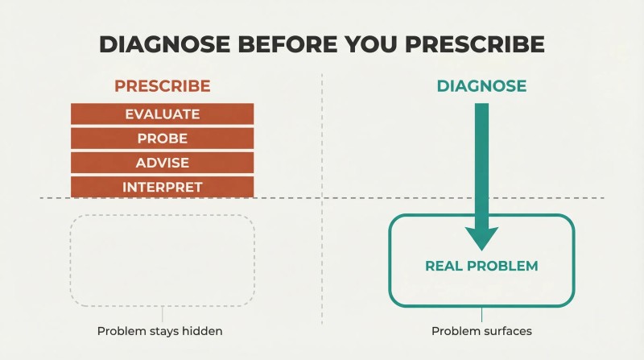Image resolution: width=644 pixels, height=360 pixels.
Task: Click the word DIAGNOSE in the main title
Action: click(x=165, y=44)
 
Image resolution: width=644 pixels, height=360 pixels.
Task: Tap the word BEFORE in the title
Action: click(x=287, y=44)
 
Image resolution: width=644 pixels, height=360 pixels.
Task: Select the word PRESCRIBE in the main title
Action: click(x=475, y=44)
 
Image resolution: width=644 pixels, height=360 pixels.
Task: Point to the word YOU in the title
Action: click(x=371, y=44)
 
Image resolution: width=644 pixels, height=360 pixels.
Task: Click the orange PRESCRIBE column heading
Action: click(x=163, y=86)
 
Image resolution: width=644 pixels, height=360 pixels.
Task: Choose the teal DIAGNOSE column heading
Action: click(x=481, y=86)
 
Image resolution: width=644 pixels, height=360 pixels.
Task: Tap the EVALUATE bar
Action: click(x=163, y=114)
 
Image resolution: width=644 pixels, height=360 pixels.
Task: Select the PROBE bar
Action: click(x=163, y=138)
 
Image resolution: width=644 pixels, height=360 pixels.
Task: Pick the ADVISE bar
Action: click(x=163, y=163)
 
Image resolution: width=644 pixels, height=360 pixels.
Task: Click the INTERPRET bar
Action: click(x=163, y=187)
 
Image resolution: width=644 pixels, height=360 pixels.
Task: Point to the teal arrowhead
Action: click(x=481, y=238)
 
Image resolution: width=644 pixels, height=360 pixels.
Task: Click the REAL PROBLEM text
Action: click(x=481, y=266)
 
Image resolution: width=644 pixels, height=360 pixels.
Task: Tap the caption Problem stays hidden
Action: click(x=159, y=331)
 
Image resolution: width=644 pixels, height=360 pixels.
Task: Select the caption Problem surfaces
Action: click(x=481, y=331)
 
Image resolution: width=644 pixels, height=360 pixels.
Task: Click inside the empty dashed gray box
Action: click(x=163, y=260)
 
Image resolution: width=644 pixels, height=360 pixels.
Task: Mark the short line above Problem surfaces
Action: click(x=481, y=314)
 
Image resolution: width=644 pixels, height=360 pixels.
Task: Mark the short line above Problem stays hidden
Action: click(x=163, y=314)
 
